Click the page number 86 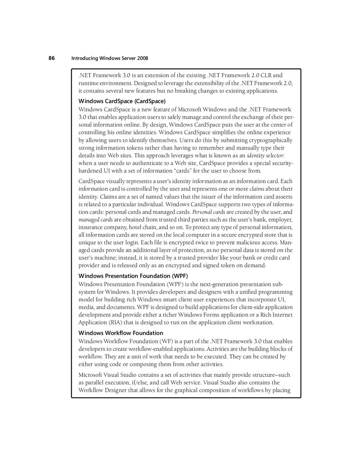pyautogui.click(x=52, y=58)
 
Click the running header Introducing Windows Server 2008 pyautogui.click(x=110, y=58)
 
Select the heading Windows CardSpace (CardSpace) pyautogui.click(x=122, y=101)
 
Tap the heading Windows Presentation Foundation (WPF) pyautogui.click(x=133, y=276)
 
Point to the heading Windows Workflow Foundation pyautogui.click(x=121, y=333)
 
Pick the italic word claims pyautogui.click(x=257, y=189)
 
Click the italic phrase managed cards pyautogui.click(x=95, y=220)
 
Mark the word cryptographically pyautogui.click(x=271, y=140)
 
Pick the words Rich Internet pyautogui.click(x=276, y=315)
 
